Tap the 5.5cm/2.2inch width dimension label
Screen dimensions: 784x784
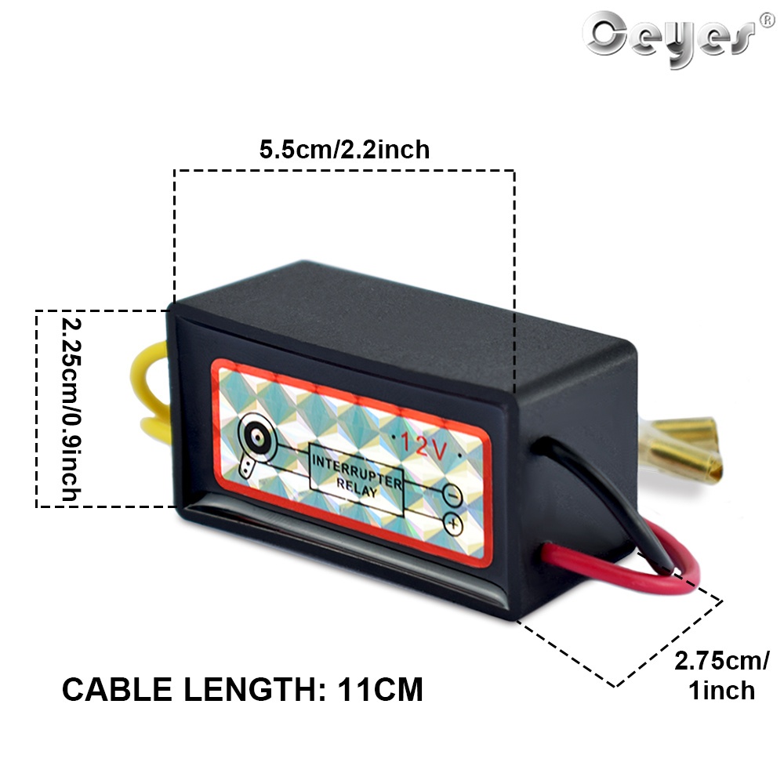[345, 149]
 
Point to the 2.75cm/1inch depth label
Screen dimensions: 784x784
[721, 675]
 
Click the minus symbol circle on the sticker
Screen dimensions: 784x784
[452, 495]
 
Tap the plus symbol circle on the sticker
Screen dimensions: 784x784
[452, 523]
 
